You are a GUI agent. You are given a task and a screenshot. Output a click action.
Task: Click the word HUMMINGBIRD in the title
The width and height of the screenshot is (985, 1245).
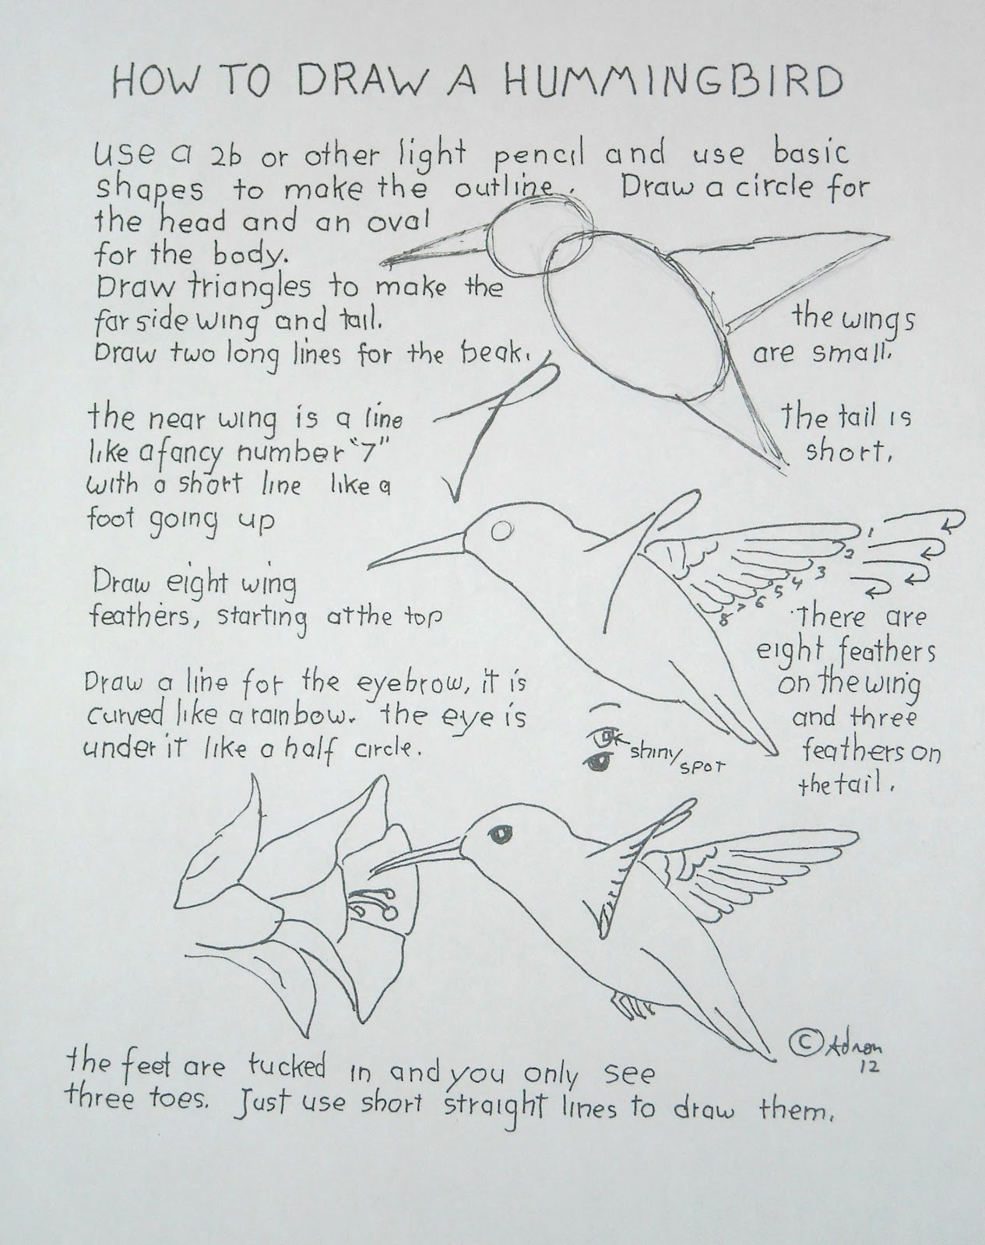point(677,81)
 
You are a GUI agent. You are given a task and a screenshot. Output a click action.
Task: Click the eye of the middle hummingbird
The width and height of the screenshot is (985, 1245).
point(502,531)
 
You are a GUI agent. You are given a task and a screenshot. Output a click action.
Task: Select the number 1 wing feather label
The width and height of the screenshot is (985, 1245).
point(870,531)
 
